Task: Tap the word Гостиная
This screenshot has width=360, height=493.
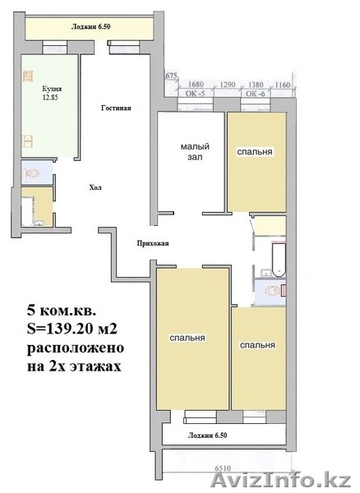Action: click(116, 108)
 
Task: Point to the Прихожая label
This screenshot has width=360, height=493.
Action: click(152, 244)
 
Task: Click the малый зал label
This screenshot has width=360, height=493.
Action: click(192, 151)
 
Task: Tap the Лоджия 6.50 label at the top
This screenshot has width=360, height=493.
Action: click(90, 26)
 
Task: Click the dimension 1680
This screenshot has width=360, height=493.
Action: click(196, 84)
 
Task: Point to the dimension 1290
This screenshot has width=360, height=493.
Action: click(226, 84)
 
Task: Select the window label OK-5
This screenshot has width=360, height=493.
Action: click(196, 94)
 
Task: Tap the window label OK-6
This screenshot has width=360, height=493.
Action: click(252, 94)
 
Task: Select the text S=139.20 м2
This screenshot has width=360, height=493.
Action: click(74, 330)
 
